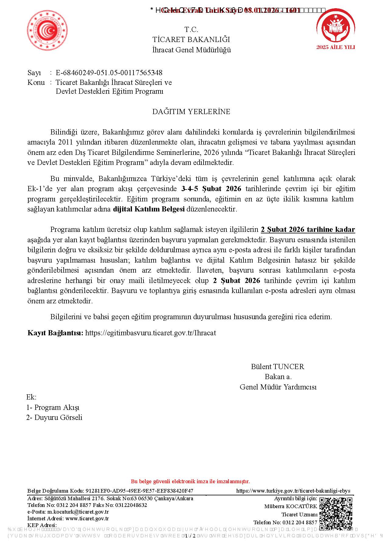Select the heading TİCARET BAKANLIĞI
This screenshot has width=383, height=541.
coord(191,40)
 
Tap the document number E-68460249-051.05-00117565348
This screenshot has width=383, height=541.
coord(109,73)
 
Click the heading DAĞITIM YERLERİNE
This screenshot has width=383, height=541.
coord(191,112)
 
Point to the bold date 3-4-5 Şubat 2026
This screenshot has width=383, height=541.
coord(211,189)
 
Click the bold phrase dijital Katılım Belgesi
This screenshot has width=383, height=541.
coord(149,209)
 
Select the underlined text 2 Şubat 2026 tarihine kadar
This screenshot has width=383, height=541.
coord(308,229)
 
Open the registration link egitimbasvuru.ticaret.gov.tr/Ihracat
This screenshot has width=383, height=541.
coord(151,333)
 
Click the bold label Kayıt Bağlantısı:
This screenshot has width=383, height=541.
coord(55,333)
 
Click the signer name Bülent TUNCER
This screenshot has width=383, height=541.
coord(277,367)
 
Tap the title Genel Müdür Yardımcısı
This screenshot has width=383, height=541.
coord(278,387)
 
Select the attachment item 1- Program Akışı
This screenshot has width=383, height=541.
coord(53,407)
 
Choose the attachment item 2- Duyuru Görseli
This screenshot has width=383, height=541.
coord(54,417)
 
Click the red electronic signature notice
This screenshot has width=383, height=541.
coord(190,481)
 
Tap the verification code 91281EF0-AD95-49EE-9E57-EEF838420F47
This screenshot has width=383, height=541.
coord(139,491)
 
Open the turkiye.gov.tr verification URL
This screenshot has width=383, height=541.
coord(293,491)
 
